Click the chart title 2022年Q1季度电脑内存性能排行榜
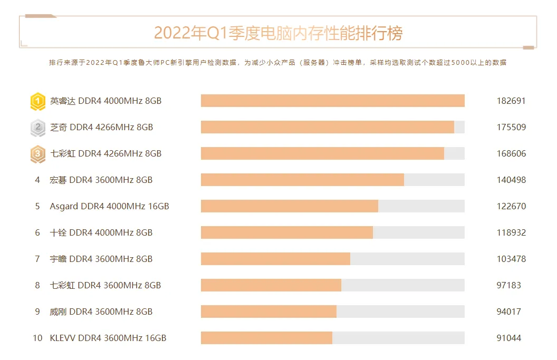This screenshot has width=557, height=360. click(278, 33)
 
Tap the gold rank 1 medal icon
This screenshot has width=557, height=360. click(37, 101)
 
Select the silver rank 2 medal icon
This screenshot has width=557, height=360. click(37, 127)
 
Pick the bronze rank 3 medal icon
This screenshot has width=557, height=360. click(37, 153)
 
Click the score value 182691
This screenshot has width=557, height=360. click(511, 101)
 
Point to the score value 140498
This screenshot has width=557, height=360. click(511, 180)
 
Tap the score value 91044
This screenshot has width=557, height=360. click(508, 338)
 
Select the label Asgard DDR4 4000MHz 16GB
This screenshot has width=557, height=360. click(109, 206)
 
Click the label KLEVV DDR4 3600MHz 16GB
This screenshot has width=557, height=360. click(108, 338)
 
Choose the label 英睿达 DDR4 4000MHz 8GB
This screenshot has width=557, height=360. click(105, 101)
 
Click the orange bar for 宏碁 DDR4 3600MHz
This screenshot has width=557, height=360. click(302, 180)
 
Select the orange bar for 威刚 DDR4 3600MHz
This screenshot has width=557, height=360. click(268, 312)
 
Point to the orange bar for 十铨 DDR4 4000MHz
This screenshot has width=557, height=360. click(286, 232)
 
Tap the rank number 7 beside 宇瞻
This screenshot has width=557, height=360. click(37, 259)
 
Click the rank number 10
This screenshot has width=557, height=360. click(37, 338)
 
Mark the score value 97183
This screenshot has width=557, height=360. click(508, 285)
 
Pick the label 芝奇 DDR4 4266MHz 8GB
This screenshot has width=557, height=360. click(101, 127)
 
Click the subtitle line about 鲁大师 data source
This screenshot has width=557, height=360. click(277, 62)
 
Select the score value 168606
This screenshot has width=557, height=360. click(511, 153)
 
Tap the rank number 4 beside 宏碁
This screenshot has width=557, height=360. click(37, 180)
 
